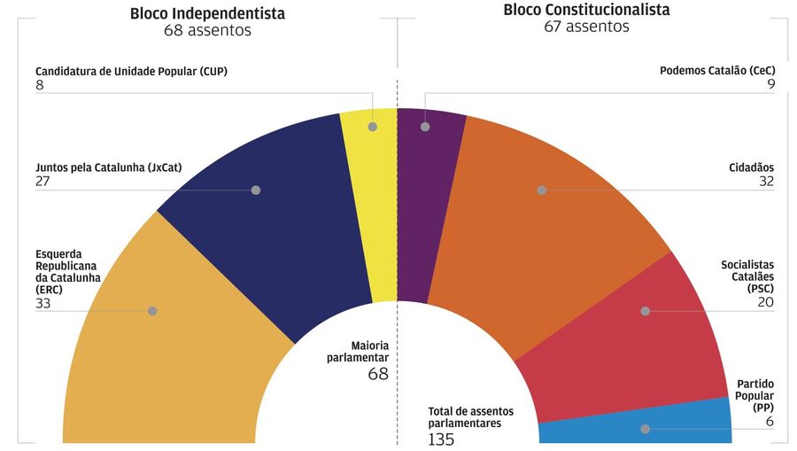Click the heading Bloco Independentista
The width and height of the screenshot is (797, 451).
(207, 13)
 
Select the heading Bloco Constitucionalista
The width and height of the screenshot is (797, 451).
(586, 10)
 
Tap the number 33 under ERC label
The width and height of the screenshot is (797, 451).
(43, 303)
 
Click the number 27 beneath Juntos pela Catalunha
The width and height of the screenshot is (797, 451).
(43, 181)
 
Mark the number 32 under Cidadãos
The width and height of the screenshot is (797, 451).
(766, 181)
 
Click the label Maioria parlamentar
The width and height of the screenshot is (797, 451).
(369, 351)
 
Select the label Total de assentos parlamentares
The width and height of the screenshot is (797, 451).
(470, 417)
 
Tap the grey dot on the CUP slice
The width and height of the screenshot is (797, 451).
(372, 127)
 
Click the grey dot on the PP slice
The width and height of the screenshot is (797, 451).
(646, 429)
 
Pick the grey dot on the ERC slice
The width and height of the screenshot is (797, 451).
(152, 311)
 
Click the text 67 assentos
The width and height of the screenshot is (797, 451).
(586, 27)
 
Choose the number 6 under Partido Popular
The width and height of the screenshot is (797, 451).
(770, 421)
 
